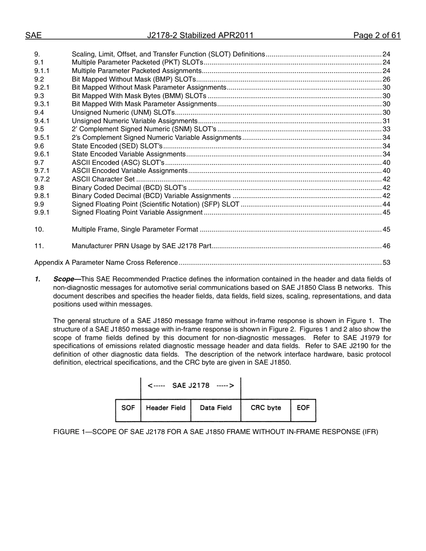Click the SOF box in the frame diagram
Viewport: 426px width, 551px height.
pos(128,408)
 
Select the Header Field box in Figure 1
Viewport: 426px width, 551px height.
pos(165,408)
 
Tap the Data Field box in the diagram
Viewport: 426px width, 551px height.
pos(216,408)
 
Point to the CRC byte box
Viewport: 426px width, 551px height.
pos(265,408)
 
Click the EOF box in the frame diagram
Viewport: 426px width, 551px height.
pos(303,408)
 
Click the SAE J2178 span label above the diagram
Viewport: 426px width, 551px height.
pos(191,386)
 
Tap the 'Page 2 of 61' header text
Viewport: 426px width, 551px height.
pos(377,36)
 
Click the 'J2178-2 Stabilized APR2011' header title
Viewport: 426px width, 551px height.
pos(200,36)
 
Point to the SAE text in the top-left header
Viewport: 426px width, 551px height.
pos(33,36)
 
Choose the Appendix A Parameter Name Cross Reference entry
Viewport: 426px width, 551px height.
pos(106,263)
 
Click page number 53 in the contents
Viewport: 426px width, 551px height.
pos(386,263)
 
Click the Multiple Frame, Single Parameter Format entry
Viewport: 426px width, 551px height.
pos(135,229)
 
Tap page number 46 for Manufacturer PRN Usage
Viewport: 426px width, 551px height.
pos(386,246)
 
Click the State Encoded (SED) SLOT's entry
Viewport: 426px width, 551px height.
pos(117,146)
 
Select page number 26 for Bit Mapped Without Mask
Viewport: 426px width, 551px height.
pos(386,79)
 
